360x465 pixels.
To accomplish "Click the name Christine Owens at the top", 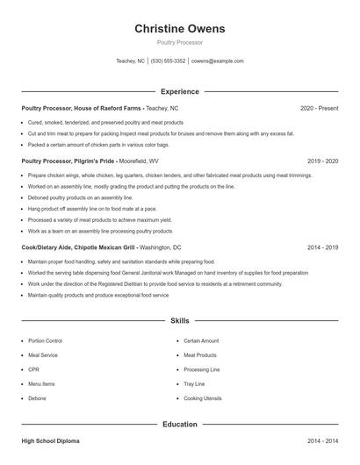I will click(179, 29).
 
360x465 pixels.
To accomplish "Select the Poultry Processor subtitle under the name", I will click(179, 42).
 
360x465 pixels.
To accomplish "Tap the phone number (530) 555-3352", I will click(168, 61).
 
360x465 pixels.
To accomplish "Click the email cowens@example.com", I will click(217, 61).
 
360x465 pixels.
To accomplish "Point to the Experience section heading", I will click(179, 91).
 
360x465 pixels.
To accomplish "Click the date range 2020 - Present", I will click(319, 108).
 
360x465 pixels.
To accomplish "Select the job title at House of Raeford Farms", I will click(99, 108).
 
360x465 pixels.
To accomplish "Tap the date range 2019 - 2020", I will click(322, 161).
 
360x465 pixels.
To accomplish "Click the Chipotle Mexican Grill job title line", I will click(101, 247).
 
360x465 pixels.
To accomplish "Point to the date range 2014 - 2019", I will click(322, 247).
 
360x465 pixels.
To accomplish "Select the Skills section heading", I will click(179, 321).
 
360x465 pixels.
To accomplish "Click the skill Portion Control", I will click(45, 340).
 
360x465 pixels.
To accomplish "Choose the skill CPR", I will click(34, 369).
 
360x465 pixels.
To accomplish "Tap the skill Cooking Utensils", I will click(202, 398).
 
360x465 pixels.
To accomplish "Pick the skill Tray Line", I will click(194, 383).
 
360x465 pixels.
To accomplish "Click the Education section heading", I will click(179, 425).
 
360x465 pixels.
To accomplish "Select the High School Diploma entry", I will click(53, 440).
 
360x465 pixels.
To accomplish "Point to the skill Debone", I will click(37, 398).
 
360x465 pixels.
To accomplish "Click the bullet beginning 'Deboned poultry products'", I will click(80, 198).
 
